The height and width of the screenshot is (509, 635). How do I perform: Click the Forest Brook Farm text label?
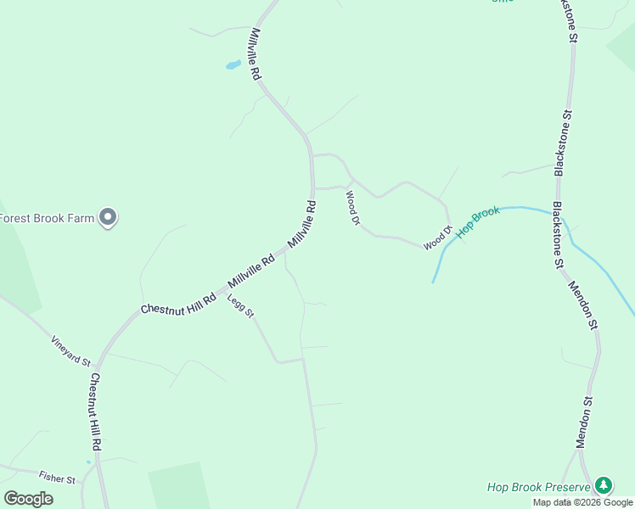(46, 218)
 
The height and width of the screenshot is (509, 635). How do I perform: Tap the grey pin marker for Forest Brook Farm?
(108, 217)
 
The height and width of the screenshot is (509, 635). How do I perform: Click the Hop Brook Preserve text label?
(538, 487)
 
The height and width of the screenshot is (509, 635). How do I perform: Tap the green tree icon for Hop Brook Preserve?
(604, 485)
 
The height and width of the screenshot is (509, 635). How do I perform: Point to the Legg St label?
(240, 305)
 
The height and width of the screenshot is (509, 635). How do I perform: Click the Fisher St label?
(57, 478)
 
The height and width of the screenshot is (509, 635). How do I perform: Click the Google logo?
(28, 499)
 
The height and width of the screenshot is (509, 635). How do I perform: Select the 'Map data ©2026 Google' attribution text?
(582, 502)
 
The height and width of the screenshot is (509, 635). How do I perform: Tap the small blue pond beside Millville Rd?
(231, 64)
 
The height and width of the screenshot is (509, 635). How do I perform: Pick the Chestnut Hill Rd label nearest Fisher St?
(96, 411)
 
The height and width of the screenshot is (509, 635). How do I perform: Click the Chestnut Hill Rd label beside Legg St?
(179, 304)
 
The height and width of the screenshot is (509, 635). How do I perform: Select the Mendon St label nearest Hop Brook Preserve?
(583, 421)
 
